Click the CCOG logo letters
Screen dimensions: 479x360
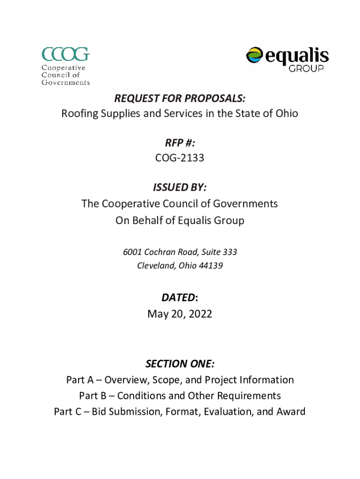(x=65, y=54)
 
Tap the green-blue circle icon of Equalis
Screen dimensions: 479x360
(x=255, y=57)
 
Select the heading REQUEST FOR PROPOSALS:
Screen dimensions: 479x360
(x=180, y=99)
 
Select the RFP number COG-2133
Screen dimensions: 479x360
(x=180, y=158)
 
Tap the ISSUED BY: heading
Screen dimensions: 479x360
(x=180, y=188)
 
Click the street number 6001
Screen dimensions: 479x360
(x=132, y=252)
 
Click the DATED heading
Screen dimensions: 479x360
(x=178, y=298)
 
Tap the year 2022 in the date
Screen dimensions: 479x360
(x=201, y=314)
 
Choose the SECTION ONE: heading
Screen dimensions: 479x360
(x=180, y=364)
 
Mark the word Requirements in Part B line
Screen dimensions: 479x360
(x=246, y=396)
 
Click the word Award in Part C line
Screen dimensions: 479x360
(x=290, y=412)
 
